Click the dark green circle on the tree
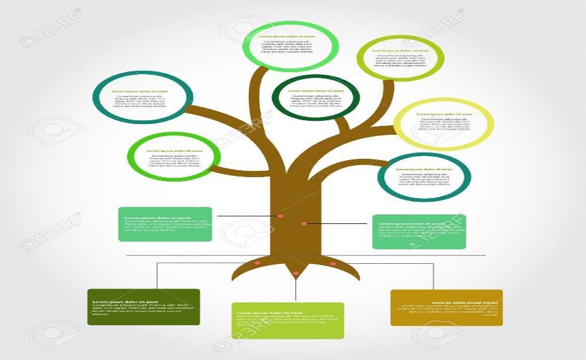click(315, 98)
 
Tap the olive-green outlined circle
click(400, 58)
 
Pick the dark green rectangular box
click(144, 307)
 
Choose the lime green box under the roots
click(288, 321)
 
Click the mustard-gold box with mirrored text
click(447, 307)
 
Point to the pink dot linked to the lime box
click(296, 273)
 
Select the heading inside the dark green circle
click(316, 90)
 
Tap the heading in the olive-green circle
click(399, 50)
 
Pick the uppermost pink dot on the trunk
click(280, 216)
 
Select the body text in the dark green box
click(142, 309)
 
